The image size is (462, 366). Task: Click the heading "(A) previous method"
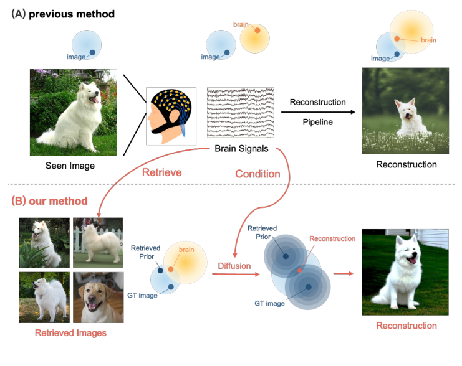[63, 14]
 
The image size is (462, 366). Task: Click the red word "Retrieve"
[161, 172]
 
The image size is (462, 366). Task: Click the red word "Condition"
[257, 174]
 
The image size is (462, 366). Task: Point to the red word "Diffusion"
[234, 266]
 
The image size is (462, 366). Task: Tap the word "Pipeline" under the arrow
[317, 122]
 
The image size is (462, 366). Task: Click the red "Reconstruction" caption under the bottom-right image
[406, 326]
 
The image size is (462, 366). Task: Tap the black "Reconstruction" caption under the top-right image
[406, 164]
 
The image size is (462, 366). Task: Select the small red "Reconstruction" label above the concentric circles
[332, 238]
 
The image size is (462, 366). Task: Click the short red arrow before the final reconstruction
[344, 272]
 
